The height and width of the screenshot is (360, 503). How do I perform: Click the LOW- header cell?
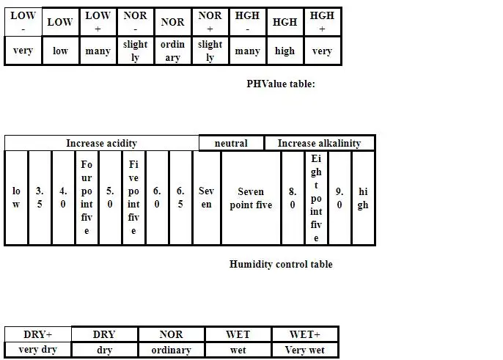[x=23, y=22]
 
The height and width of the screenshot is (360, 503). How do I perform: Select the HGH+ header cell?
[x=322, y=22]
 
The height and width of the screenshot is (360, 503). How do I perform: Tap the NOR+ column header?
[x=210, y=22]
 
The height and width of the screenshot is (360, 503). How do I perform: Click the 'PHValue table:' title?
[x=280, y=84]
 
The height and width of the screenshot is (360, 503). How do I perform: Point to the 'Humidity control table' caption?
[x=280, y=264]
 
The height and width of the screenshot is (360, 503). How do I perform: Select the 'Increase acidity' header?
[x=101, y=143]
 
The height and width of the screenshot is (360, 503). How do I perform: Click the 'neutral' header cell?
[x=231, y=143]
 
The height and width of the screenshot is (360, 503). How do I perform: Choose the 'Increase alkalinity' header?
[x=319, y=143]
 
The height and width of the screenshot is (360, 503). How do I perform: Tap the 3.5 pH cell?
[x=40, y=198]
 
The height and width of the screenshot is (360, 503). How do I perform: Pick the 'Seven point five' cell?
[x=251, y=198]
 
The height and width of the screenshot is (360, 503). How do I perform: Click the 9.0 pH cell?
[x=339, y=198]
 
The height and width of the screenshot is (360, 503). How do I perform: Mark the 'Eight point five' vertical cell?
[x=316, y=198]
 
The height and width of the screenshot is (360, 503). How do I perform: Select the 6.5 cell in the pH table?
[x=180, y=198]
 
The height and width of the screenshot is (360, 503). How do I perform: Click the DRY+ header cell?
[x=37, y=334]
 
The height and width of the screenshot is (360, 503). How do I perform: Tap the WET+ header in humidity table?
[x=305, y=334]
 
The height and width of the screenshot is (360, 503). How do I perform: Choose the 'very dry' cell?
[x=37, y=350]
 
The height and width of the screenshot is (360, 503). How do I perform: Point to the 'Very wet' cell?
[x=305, y=350]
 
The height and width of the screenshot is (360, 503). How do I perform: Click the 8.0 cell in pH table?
[x=293, y=198]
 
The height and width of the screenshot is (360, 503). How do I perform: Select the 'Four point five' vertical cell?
[x=87, y=198]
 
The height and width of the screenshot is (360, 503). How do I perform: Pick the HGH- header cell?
[x=247, y=22]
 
